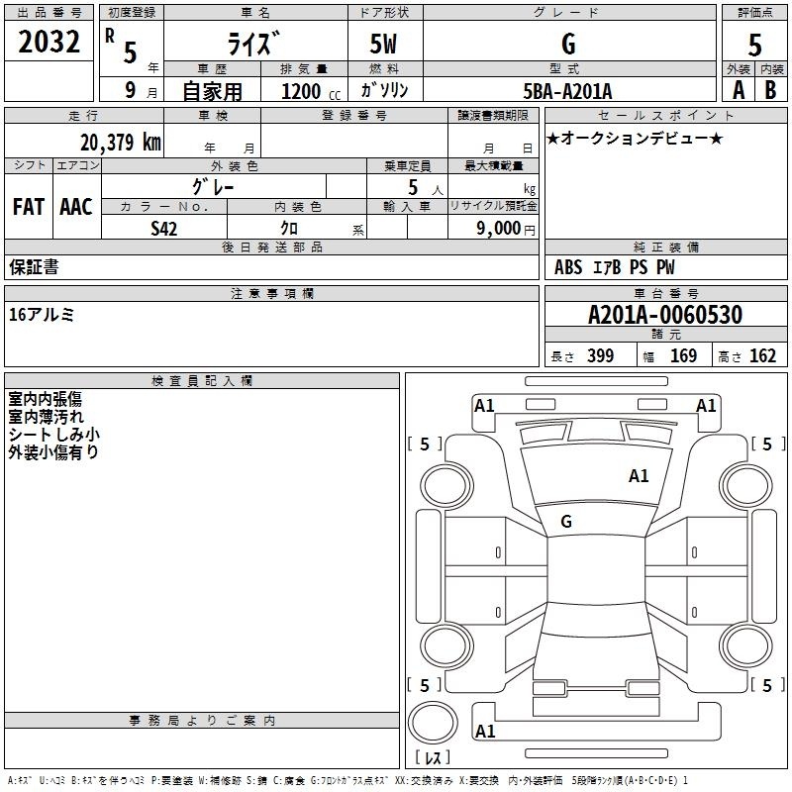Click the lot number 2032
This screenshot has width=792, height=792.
click(x=49, y=42)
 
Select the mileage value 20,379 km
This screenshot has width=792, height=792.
click(x=120, y=143)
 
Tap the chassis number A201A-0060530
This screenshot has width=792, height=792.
click(x=665, y=315)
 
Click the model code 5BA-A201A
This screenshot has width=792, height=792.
click(x=567, y=91)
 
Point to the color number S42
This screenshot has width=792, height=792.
click(x=163, y=229)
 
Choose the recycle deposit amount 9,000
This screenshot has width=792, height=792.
click(x=499, y=228)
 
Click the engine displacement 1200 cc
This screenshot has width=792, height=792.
click(x=311, y=91)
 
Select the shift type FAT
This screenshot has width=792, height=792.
click(x=29, y=207)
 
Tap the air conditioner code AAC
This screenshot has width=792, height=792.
click(x=76, y=207)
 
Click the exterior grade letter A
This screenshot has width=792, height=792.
click(x=739, y=90)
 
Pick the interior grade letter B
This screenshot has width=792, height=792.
click(x=770, y=90)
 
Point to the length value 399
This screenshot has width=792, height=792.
click(x=601, y=355)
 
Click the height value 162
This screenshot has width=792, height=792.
click(x=762, y=355)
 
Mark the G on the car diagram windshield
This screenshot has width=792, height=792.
click(x=566, y=522)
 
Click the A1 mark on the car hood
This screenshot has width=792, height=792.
click(x=639, y=476)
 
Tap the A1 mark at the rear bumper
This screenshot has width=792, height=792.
click(x=485, y=731)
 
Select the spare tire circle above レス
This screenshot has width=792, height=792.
click(x=433, y=723)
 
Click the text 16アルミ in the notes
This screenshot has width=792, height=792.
click(x=42, y=315)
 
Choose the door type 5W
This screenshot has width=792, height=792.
click(x=383, y=44)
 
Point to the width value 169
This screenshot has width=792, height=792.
click(x=683, y=355)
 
